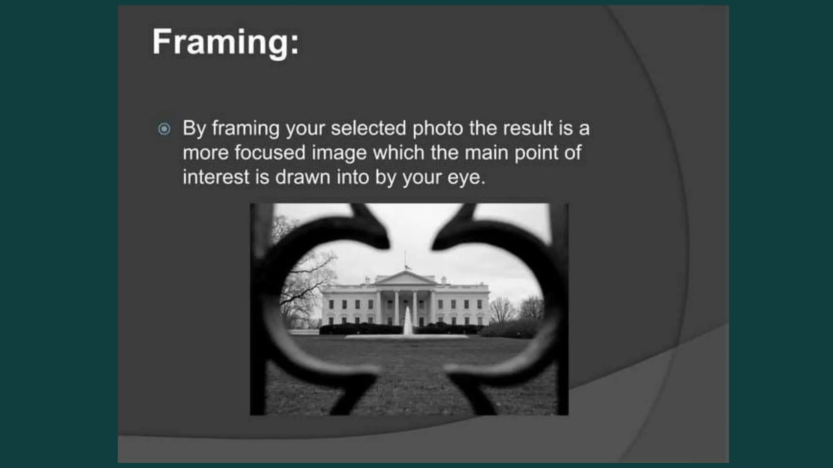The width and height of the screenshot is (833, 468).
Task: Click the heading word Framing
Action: click(x=226, y=42)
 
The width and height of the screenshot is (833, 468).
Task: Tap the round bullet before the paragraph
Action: click(x=164, y=129)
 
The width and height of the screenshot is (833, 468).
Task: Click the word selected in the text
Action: click(x=368, y=128)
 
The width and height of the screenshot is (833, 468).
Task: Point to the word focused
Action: click(x=270, y=153)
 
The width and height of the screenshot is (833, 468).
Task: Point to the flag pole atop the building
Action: click(x=405, y=260)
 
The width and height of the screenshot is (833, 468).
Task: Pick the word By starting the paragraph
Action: click(x=194, y=129)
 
